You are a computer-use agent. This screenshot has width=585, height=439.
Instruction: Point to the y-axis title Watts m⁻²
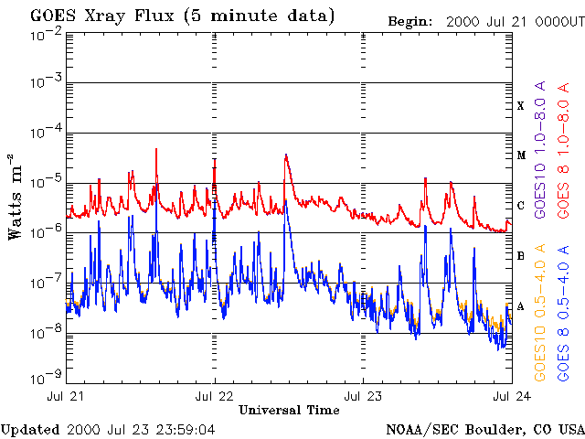point(16,195)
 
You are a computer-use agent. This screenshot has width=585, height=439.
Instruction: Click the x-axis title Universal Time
point(288,411)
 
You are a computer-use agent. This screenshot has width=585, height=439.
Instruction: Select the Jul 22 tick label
point(214,397)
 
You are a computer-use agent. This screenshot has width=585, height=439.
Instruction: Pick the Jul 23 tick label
point(363,397)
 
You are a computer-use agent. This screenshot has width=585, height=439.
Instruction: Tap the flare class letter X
point(521,106)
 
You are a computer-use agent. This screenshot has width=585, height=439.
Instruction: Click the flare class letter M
point(521,155)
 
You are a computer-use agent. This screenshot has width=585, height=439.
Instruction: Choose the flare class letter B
point(521,256)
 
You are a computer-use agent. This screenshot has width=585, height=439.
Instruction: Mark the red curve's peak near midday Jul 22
point(286,155)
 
